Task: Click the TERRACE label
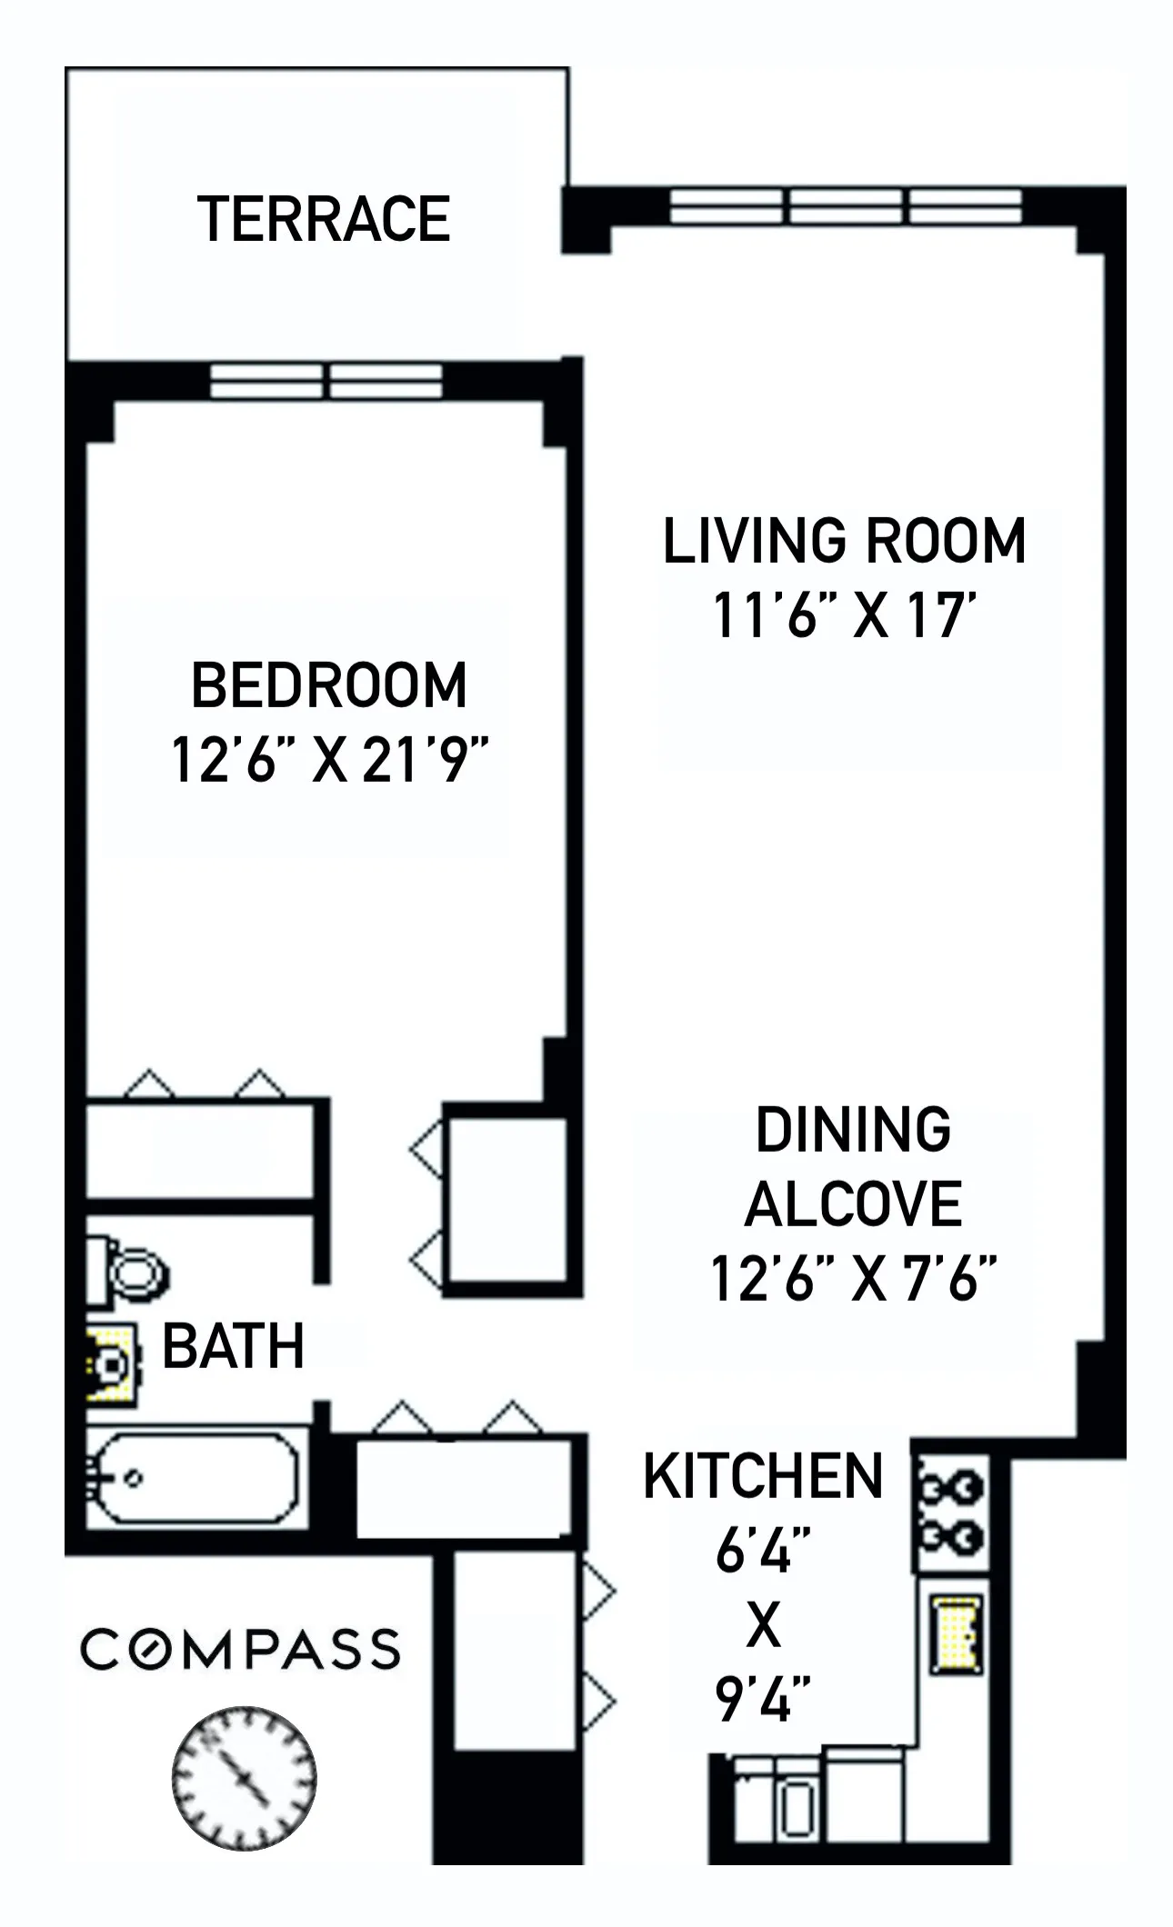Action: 324,220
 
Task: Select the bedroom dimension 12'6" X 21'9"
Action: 329,760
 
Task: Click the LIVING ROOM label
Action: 844,541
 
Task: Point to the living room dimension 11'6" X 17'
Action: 844,615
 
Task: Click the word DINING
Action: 853,1130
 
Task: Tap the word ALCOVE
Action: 853,1204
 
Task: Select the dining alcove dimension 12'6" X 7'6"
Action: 853,1279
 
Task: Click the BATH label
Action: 233,1346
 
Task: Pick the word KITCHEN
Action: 763,1476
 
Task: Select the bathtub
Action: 195,1479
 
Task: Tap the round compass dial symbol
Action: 244,1777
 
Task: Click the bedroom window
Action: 326,381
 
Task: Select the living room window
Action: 846,206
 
